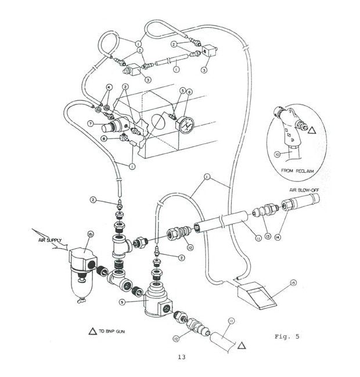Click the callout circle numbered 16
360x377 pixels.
coord(90,234)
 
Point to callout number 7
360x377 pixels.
coord(91,124)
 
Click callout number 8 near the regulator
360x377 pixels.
coord(103,139)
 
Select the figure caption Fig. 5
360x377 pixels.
coord(289,336)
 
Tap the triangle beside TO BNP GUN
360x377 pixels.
coord(91,332)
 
